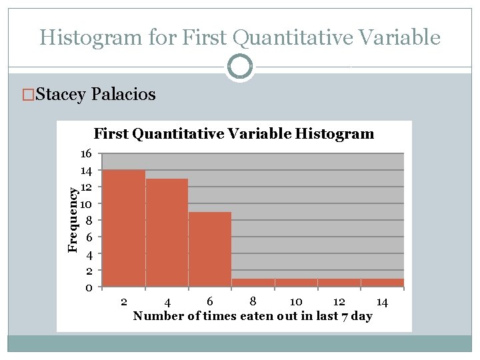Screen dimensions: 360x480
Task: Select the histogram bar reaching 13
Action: click(x=167, y=233)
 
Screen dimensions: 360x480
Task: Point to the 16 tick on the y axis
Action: click(x=85, y=153)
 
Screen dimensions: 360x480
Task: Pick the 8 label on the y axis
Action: click(x=87, y=220)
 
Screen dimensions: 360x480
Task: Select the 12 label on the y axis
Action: click(x=85, y=187)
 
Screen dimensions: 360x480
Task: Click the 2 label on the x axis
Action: click(x=124, y=302)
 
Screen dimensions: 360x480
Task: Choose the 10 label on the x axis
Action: click(x=296, y=302)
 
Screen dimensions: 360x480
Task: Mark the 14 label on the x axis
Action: click(x=381, y=302)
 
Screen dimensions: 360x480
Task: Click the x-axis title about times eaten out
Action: click(x=252, y=316)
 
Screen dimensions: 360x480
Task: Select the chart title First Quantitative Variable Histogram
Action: click(x=234, y=134)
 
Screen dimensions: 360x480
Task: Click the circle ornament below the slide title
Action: click(x=239, y=67)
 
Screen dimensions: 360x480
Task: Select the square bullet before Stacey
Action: click(x=27, y=95)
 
